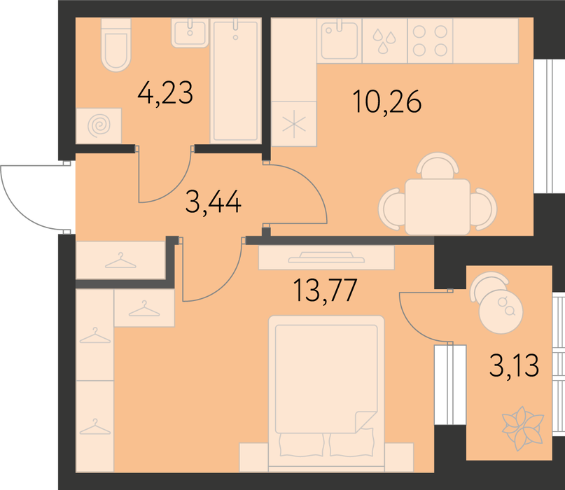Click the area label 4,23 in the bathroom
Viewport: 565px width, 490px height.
(165, 93)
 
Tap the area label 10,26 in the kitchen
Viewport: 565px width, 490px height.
(387, 101)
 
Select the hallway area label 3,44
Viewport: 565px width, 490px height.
(214, 202)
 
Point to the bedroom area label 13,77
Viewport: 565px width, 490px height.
(326, 290)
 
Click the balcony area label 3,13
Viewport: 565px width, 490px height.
(514, 365)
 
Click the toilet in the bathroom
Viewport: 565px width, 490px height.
(116, 44)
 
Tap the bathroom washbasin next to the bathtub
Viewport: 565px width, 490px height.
(190, 33)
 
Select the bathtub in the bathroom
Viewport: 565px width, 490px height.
(236, 80)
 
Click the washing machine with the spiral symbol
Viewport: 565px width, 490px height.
(99, 125)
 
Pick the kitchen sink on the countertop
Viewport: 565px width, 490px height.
(339, 41)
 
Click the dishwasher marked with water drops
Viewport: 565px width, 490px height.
(384, 41)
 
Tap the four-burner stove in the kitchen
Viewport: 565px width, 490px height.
(430, 41)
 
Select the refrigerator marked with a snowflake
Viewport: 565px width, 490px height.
(293, 124)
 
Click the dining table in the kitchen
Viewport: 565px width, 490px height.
(438, 207)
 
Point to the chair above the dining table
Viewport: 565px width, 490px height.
(438, 165)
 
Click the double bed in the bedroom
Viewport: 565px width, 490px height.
(326, 393)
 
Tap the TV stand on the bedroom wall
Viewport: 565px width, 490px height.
(326, 258)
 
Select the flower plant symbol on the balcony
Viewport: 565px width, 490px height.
(522, 428)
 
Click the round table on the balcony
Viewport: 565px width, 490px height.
(501, 311)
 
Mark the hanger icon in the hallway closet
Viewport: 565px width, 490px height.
(120, 260)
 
